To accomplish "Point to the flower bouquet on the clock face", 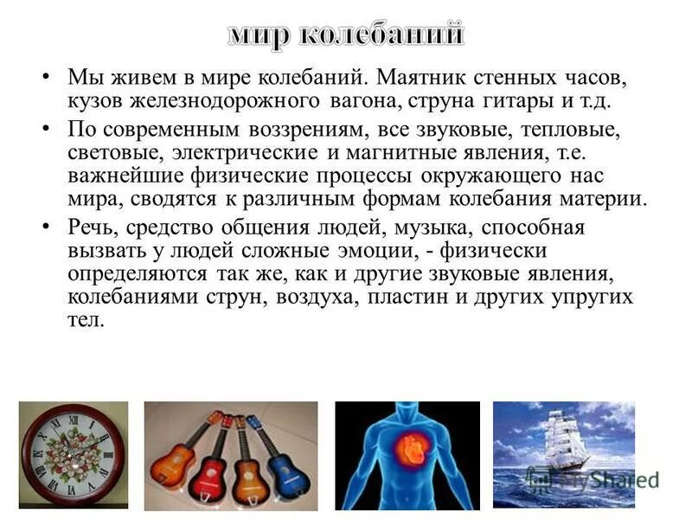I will [x=71, y=456].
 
